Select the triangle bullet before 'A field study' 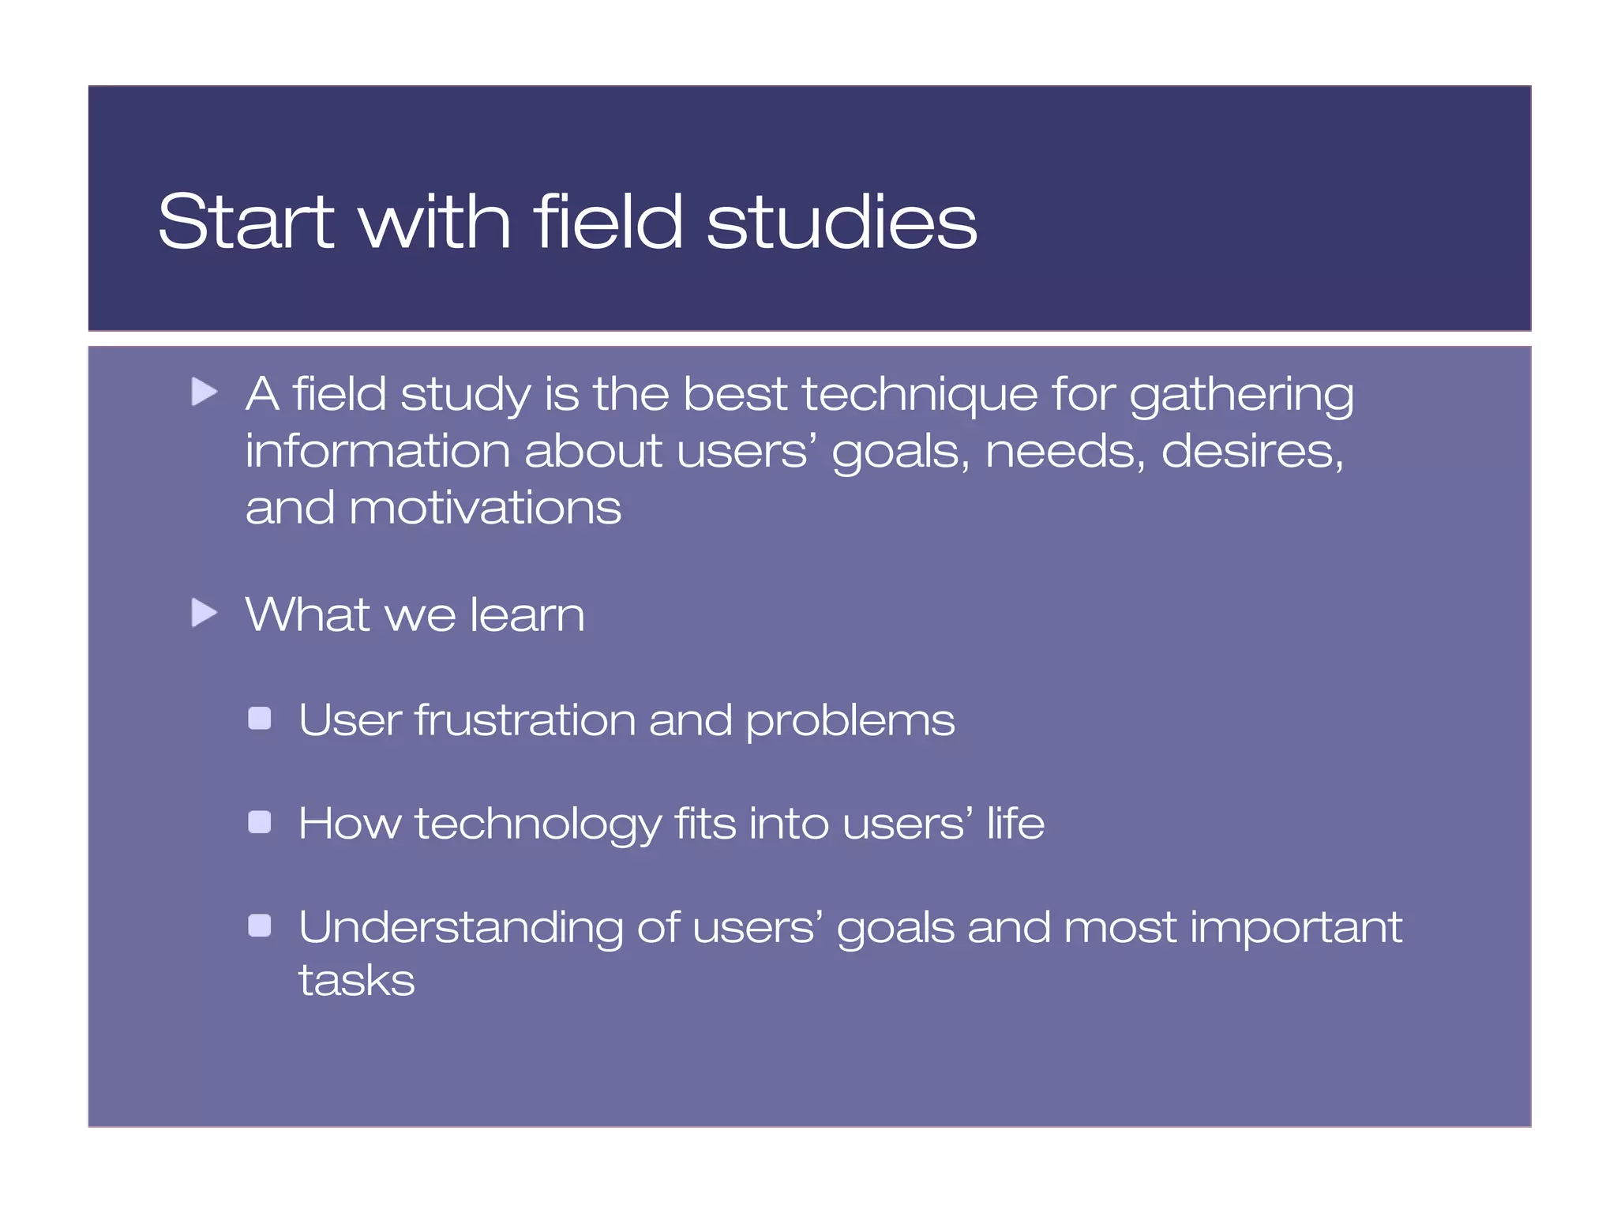pos(204,392)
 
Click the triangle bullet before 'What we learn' pos(204,613)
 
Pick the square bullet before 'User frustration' pos(260,719)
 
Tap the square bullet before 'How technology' pos(260,823)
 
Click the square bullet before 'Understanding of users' pos(260,926)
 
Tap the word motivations pos(485,508)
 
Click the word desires pos(1252,452)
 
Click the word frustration pos(525,719)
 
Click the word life pos(1015,823)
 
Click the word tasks pos(356,981)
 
